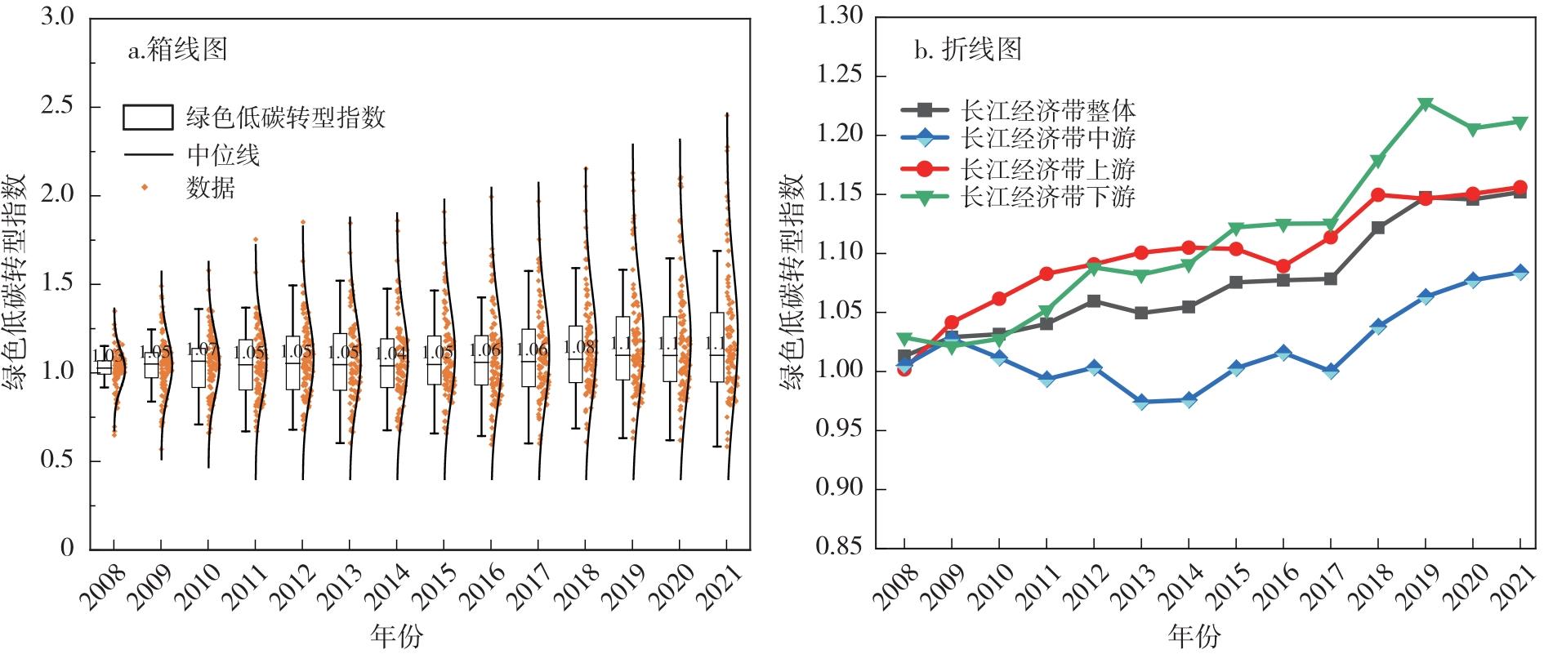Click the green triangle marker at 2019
click(x=1426, y=105)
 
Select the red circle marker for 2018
click(x=1378, y=195)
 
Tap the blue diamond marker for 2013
click(x=1141, y=402)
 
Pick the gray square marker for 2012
click(x=1094, y=301)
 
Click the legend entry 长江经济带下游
click(x=1049, y=197)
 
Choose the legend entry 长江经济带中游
click(x=1049, y=137)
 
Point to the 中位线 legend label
click(x=223, y=154)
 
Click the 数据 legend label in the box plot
click(x=211, y=189)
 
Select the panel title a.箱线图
click(x=177, y=51)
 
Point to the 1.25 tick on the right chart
click(x=841, y=76)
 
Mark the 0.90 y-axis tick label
click(x=841, y=489)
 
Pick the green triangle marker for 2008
click(x=904, y=339)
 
